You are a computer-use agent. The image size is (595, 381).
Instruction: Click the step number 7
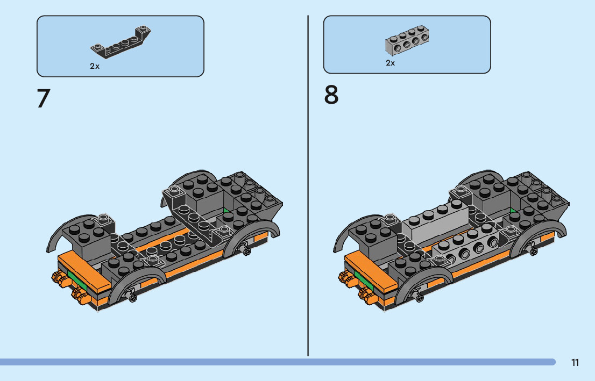point(44,98)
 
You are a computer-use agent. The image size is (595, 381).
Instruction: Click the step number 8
point(331,96)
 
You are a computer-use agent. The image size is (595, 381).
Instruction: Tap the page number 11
point(575,363)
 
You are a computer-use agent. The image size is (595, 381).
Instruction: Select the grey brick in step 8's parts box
point(407,44)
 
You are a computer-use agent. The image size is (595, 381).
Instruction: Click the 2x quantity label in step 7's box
point(95,66)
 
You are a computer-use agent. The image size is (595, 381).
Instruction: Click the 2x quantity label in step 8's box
point(390,63)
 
